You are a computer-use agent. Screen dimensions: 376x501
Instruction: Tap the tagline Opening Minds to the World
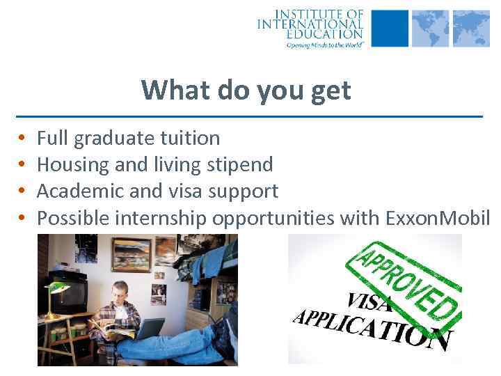click(324, 43)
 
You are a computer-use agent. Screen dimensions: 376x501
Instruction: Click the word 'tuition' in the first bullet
click(189, 139)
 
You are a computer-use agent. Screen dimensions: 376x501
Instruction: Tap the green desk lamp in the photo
click(54, 289)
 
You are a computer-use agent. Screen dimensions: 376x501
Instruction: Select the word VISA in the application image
click(369, 301)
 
